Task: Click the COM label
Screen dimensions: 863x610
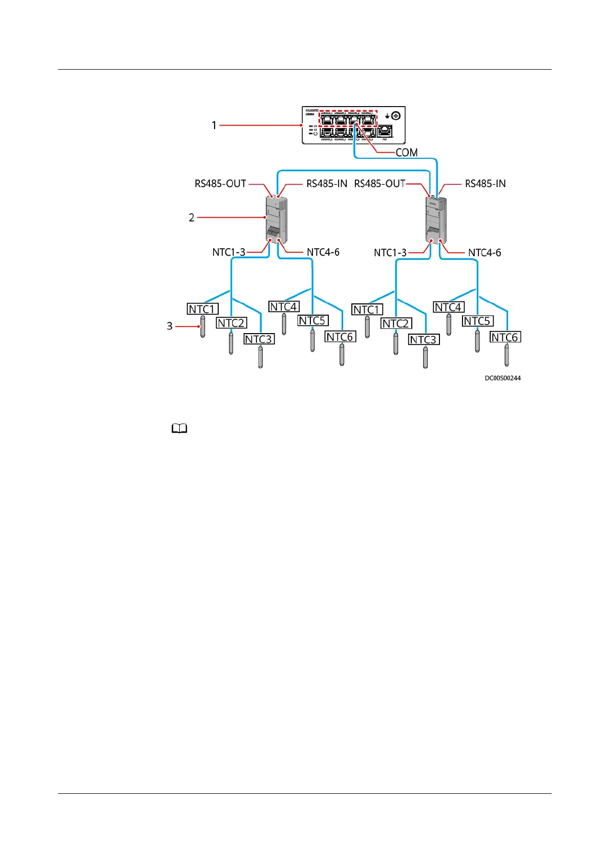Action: coord(406,153)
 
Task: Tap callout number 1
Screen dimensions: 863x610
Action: coord(214,125)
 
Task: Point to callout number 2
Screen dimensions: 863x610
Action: coord(192,218)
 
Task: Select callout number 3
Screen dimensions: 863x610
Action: coord(170,326)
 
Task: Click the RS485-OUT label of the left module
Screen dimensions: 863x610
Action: coord(220,183)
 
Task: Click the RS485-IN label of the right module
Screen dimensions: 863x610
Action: coord(485,183)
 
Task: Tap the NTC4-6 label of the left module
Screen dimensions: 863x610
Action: coord(323,252)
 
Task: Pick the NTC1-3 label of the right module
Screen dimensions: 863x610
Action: coord(390,253)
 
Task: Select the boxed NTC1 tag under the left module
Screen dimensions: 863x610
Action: coord(203,309)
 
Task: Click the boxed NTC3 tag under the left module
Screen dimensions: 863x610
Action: coord(259,339)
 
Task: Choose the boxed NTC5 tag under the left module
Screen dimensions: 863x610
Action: coord(313,321)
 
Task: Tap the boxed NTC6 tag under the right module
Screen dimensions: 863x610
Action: coord(506,337)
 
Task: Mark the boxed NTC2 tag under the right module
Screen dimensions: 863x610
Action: coord(396,323)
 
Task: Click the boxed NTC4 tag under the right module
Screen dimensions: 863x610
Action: coord(449,307)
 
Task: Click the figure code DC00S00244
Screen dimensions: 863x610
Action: coord(502,378)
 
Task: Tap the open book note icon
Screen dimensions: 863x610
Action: coord(179,429)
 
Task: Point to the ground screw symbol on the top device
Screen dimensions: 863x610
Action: coord(395,116)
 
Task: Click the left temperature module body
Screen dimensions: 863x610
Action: coord(276,219)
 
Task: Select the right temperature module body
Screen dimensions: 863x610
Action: coord(436,220)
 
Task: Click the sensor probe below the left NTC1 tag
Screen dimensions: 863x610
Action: coord(203,326)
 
